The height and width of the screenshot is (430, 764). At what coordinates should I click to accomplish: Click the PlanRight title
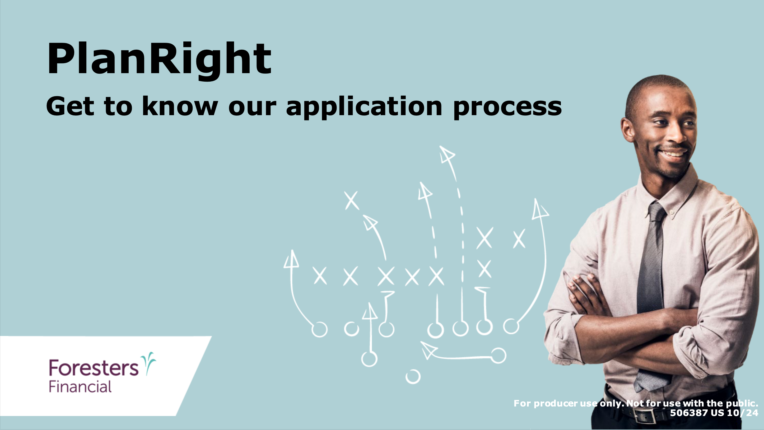tap(159, 59)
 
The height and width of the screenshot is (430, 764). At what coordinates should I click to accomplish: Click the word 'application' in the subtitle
tap(364, 107)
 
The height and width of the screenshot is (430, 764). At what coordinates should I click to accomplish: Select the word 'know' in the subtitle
tap(180, 106)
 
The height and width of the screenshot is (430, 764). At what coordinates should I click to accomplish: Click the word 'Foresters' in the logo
tap(94, 368)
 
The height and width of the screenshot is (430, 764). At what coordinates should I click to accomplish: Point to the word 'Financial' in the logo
tap(80, 387)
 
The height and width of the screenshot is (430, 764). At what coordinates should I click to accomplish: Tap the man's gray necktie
tap(653, 297)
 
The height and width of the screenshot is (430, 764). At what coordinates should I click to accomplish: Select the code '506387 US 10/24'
tap(714, 413)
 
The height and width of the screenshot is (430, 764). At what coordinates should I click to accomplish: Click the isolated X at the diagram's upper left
tap(352, 200)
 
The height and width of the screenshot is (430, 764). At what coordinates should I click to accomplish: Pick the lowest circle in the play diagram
tap(413, 376)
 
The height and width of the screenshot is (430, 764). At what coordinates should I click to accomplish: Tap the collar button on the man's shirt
tap(672, 212)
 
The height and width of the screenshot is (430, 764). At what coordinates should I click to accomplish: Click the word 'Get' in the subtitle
tap(70, 106)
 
